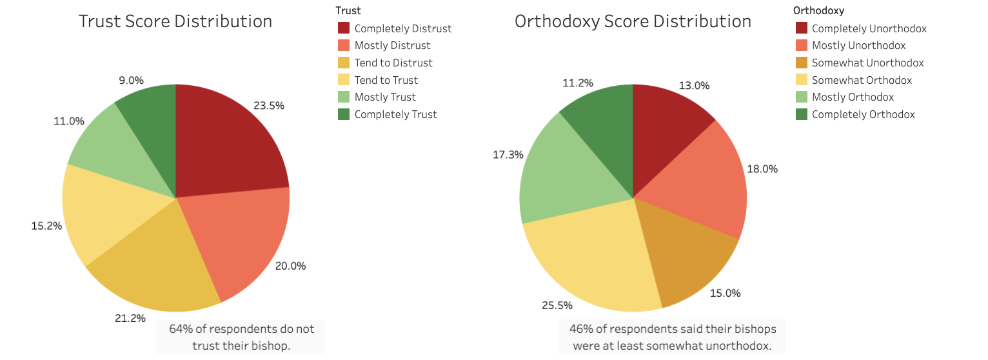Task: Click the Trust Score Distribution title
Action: click(175, 21)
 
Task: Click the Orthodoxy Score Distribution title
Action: click(633, 21)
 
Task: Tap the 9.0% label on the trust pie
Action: click(131, 81)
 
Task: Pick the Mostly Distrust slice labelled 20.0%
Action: click(239, 239)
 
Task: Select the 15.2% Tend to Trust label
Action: click(46, 226)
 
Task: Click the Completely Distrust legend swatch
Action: click(344, 28)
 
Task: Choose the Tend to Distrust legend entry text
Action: click(393, 63)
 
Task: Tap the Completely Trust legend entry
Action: click(395, 114)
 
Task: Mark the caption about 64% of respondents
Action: click(241, 337)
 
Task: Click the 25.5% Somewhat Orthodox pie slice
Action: click(587, 258)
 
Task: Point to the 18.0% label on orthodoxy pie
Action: click(762, 169)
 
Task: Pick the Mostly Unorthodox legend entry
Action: click(858, 45)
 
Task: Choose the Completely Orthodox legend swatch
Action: click(801, 114)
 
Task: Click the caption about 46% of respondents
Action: click(673, 337)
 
